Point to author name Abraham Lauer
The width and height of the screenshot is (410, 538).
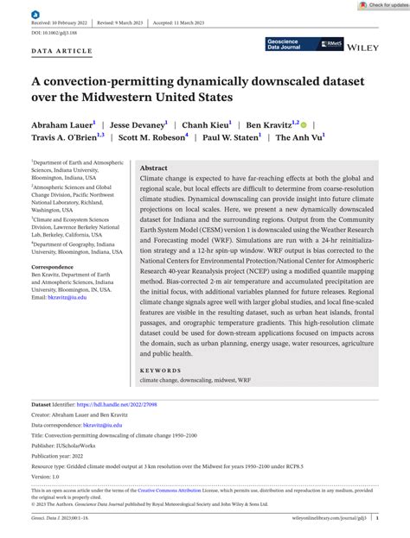point(63,123)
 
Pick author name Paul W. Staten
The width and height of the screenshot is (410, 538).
point(232,137)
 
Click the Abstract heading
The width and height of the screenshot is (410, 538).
point(154,168)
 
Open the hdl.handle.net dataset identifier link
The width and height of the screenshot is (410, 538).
point(117,404)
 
